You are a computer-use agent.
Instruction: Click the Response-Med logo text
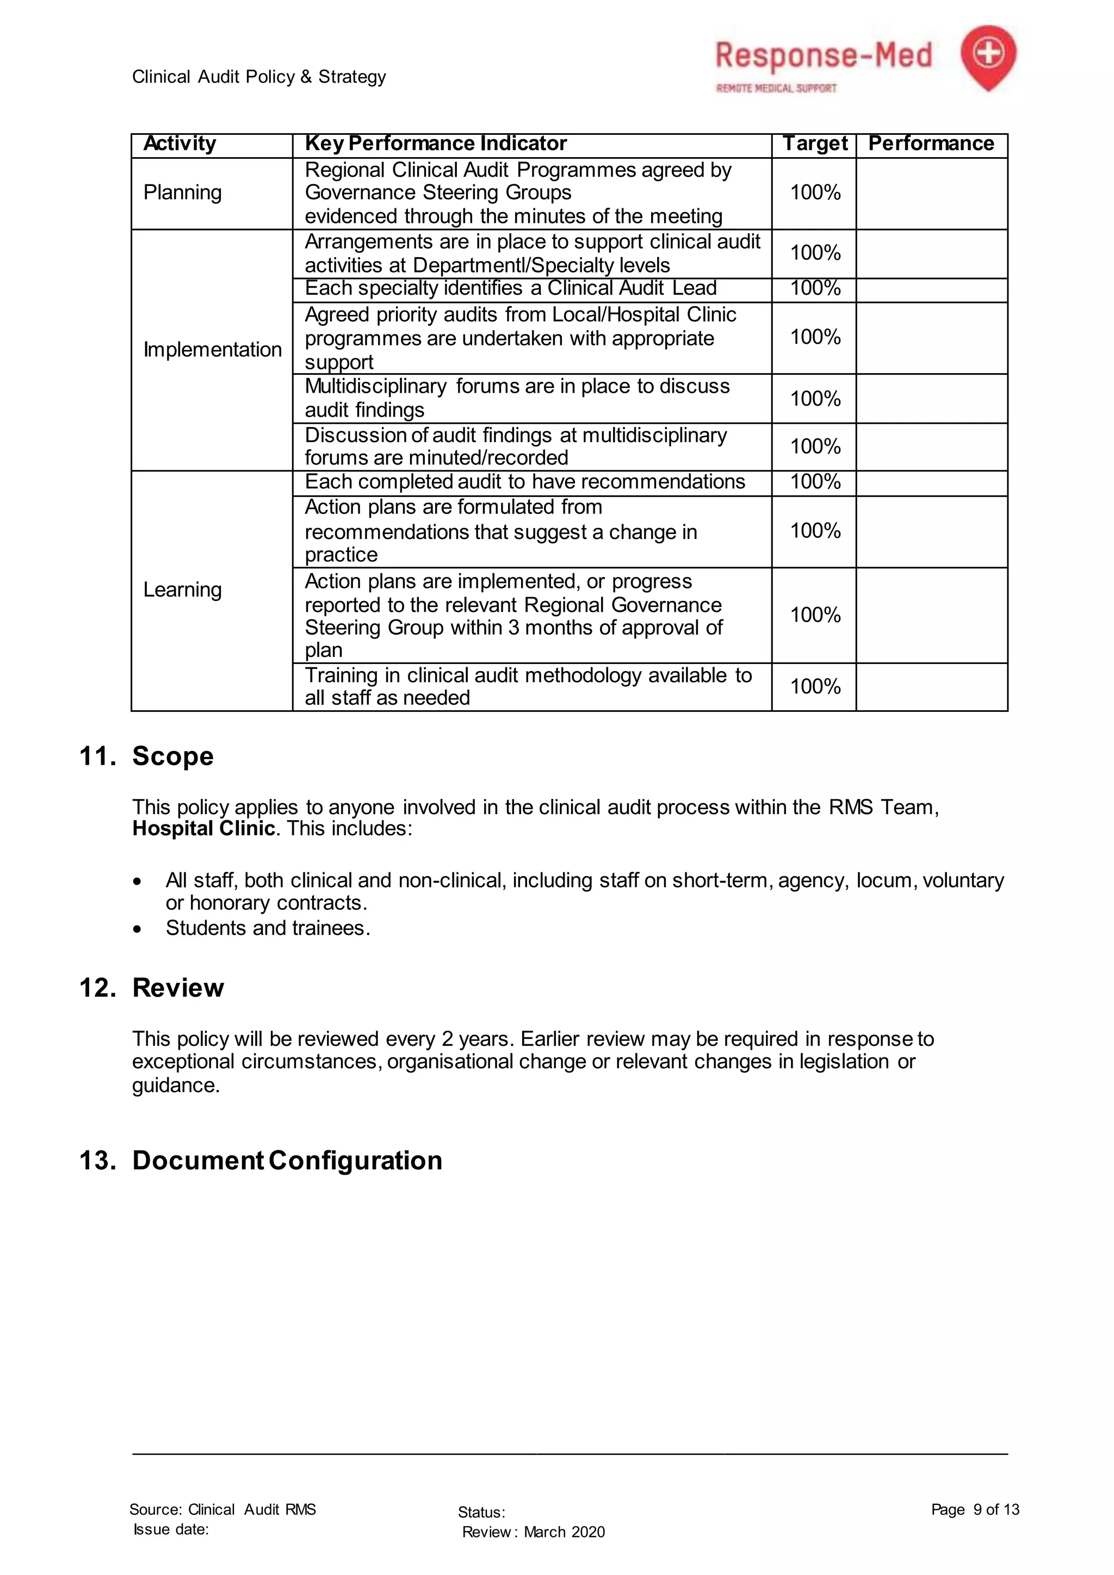(823, 56)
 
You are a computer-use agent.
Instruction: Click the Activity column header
(180, 144)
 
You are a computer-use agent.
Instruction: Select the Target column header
(815, 144)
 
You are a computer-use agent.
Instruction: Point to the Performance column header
(931, 144)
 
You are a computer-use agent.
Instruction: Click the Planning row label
(182, 193)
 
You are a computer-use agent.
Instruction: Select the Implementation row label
(212, 350)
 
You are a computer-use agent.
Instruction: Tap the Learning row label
(182, 590)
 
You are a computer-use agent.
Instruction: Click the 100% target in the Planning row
(815, 193)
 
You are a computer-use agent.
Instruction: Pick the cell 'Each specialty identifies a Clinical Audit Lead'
(510, 288)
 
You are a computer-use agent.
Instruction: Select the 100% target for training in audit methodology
(815, 687)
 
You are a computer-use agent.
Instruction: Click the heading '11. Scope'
(147, 756)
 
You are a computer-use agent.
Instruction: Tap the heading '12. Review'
(152, 988)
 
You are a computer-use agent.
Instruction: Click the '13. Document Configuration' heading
(261, 1161)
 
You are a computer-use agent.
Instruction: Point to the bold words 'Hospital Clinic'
(203, 829)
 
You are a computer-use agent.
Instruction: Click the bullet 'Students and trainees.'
(268, 928)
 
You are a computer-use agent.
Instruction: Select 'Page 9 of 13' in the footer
(975, 1509)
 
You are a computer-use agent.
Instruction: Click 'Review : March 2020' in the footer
(533, 1532)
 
